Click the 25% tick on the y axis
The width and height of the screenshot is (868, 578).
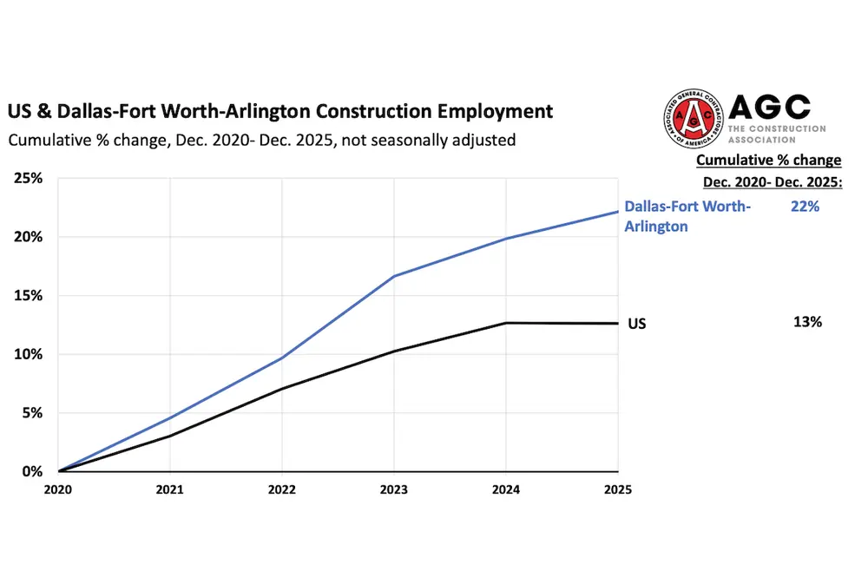(30, 178)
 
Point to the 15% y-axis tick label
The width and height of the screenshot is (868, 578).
(30, 295)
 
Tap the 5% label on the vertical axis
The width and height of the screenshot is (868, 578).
(33, 413)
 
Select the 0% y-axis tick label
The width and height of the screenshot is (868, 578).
(33, 472)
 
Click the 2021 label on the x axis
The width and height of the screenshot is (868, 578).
(170, 489)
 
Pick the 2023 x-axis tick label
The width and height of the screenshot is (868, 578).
(394, 489)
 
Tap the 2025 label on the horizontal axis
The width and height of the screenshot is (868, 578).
(618, 489)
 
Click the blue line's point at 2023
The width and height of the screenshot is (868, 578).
(394, 276)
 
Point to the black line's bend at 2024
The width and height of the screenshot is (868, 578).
(506, 323)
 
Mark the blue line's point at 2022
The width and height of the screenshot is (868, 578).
(282, 358)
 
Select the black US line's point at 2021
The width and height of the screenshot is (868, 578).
(170, 436)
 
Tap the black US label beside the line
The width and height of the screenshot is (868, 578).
(636, 324)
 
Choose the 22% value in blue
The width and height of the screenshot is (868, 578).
(806, 207)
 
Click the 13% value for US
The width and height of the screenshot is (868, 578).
(807, 322)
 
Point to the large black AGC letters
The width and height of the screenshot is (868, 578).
(769, 108)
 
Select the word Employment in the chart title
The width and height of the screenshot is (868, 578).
(491, 111)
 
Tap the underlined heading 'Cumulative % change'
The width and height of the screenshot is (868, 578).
(768, 160)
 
